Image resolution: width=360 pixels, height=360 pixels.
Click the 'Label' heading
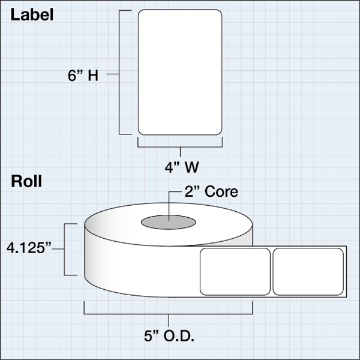[32, 16]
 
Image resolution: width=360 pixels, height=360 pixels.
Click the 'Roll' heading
[26, 182]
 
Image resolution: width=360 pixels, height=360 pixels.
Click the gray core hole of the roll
[168, 222]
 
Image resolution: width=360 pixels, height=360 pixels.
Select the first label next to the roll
[235, 271]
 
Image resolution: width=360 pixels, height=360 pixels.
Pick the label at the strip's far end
[308, 271]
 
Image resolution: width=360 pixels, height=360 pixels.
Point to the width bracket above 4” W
[180, 144]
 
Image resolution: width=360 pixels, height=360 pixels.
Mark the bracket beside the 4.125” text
[74, 249]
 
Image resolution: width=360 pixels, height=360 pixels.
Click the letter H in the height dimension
[94, 76]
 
